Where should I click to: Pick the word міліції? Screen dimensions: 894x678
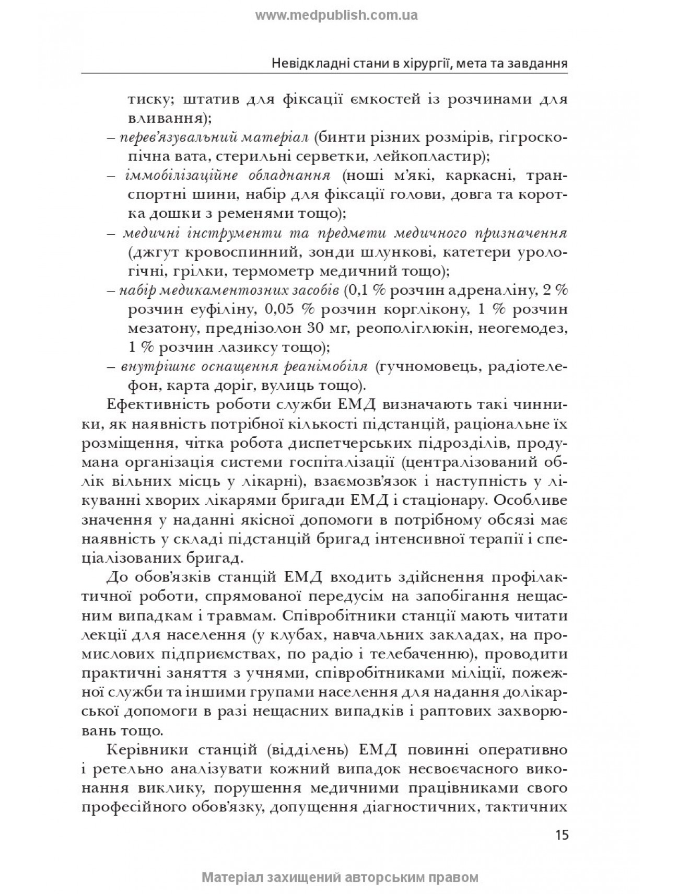[x=506, y=672]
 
